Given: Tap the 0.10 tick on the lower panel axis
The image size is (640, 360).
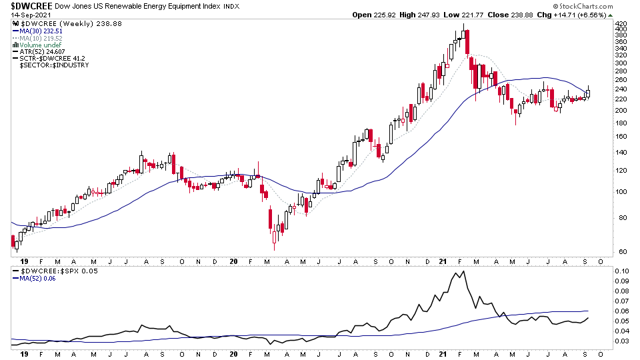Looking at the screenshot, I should click(x=621, y=271).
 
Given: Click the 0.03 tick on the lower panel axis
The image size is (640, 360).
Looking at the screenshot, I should click(x=621, y=341).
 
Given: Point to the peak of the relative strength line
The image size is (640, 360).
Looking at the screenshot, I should click(x=459, y=271).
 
